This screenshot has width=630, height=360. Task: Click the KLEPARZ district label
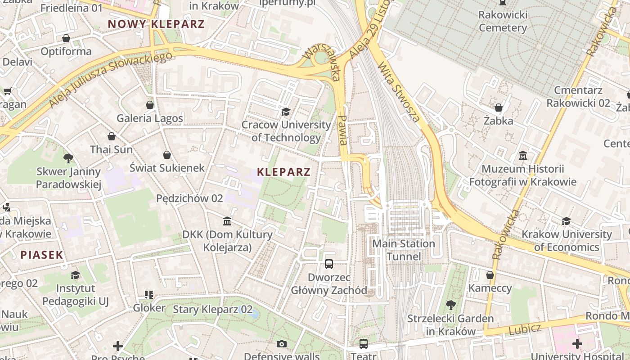pyautogui.click(x=283, y=172)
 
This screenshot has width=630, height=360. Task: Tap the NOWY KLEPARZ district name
pyautogui.click(x=156, y=24)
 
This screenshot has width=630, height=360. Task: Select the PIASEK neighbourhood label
pyautogui.click(x=42, y=255)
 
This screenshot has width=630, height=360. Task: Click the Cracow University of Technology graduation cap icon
pyautogui.click(x=286, y=112)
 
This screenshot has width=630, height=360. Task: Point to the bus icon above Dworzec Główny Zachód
pyautogui.click(x=329, y=264)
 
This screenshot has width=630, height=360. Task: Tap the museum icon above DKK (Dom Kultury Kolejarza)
pyautogui.click(x=227, y=221)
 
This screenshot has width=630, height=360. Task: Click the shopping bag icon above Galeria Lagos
pyautogui.click(x=150, y=105)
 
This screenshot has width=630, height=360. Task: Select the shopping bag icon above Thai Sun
pyautogui.click(x=112, y=136)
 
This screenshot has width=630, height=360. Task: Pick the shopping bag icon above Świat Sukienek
pyautogui.click(x=167, y=155)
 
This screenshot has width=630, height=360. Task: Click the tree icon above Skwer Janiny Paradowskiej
pyautogui.click(x=68, y=158)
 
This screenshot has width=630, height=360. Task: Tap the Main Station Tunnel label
pyautogui.click(x=404, y=250)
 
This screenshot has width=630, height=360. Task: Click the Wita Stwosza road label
pyautogui.click(x=399, y=92)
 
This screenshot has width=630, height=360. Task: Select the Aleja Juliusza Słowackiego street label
pyautogui.click(x=110, y=80)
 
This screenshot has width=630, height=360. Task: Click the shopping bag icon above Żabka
pyautogui.click(x=499, y=108)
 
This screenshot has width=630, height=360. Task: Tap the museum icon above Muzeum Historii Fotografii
pyautogui.click(x=523, y=156)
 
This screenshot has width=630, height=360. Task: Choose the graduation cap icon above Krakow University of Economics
pyautogui.click(x=566, y=221)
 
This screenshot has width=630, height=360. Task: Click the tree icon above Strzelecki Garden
pyautogui.click(x=450, y=305)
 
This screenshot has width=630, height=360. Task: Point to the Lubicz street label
pyautogui.click(x=525, y=329)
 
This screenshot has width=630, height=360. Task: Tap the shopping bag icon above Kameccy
pyautogui.click(x=490, y=275)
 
